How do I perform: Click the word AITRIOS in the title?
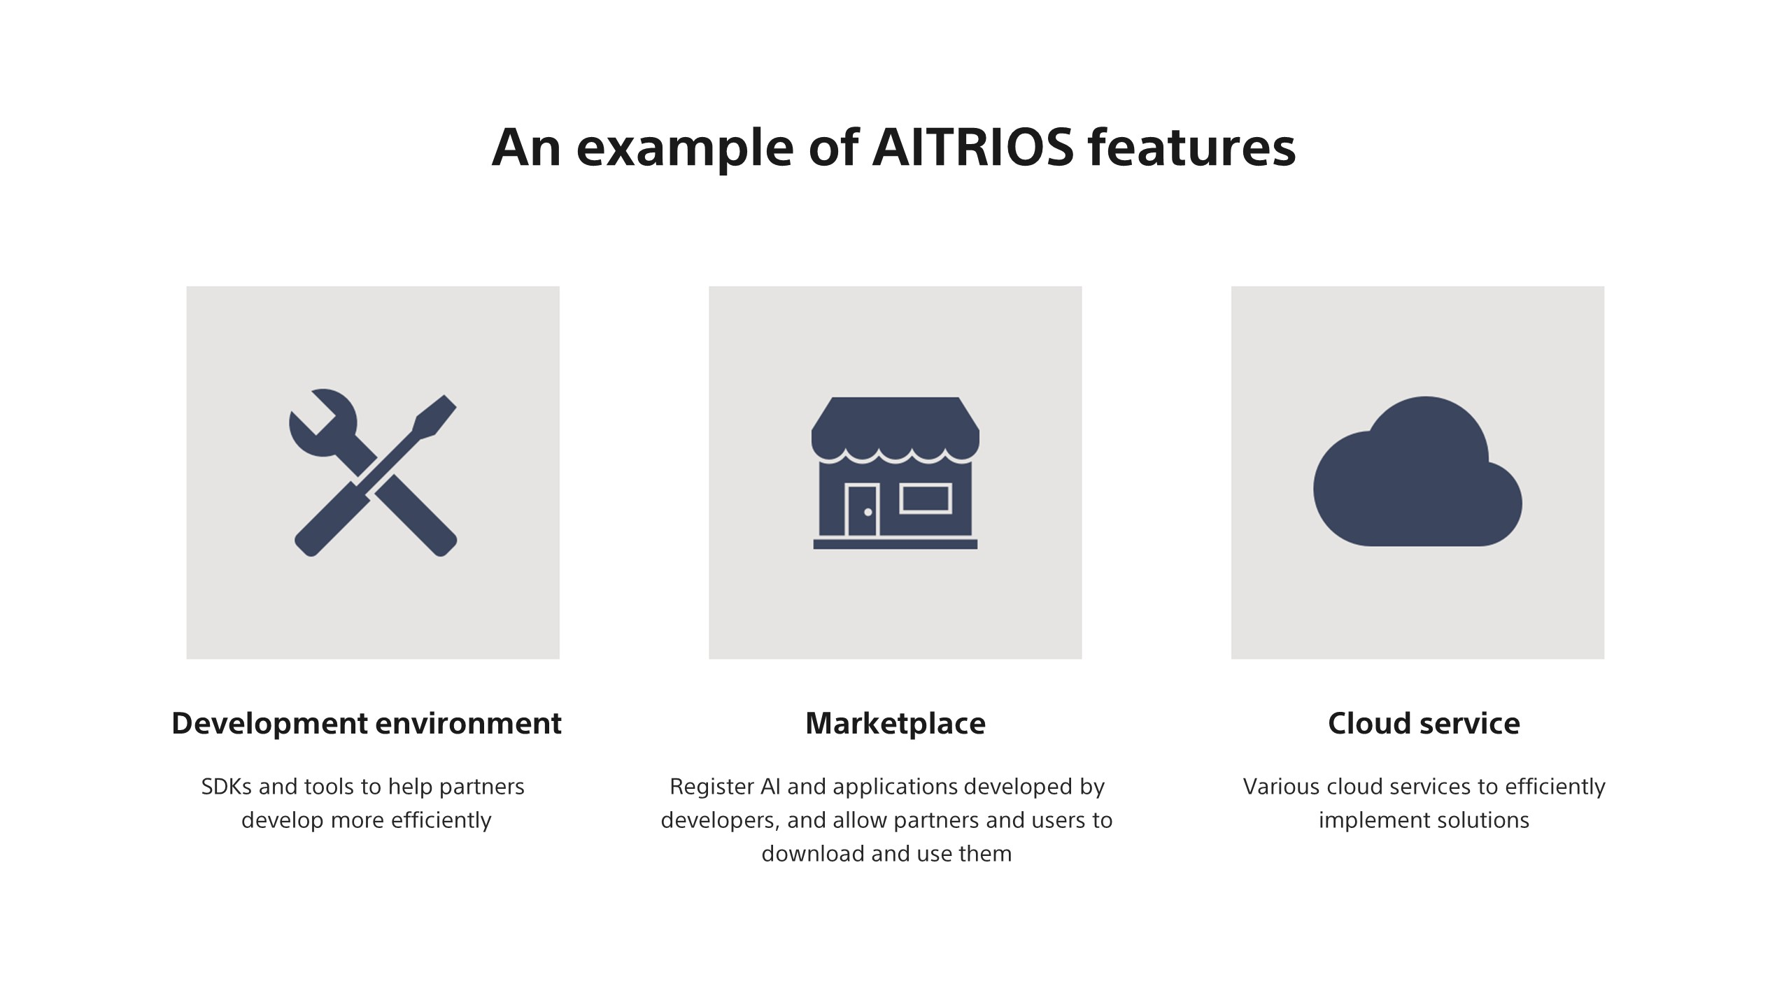[x=972, y=148]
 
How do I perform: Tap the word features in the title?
[x=1191, y=148]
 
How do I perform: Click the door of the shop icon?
[x=862, y=510]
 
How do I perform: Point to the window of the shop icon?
[x=925, y=499]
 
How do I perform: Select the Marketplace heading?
[x=895, y=723]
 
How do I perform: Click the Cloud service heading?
[x=1424, y=723]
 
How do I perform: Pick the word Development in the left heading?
[x=269, y=723]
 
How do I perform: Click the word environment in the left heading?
[x=468, y=723]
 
